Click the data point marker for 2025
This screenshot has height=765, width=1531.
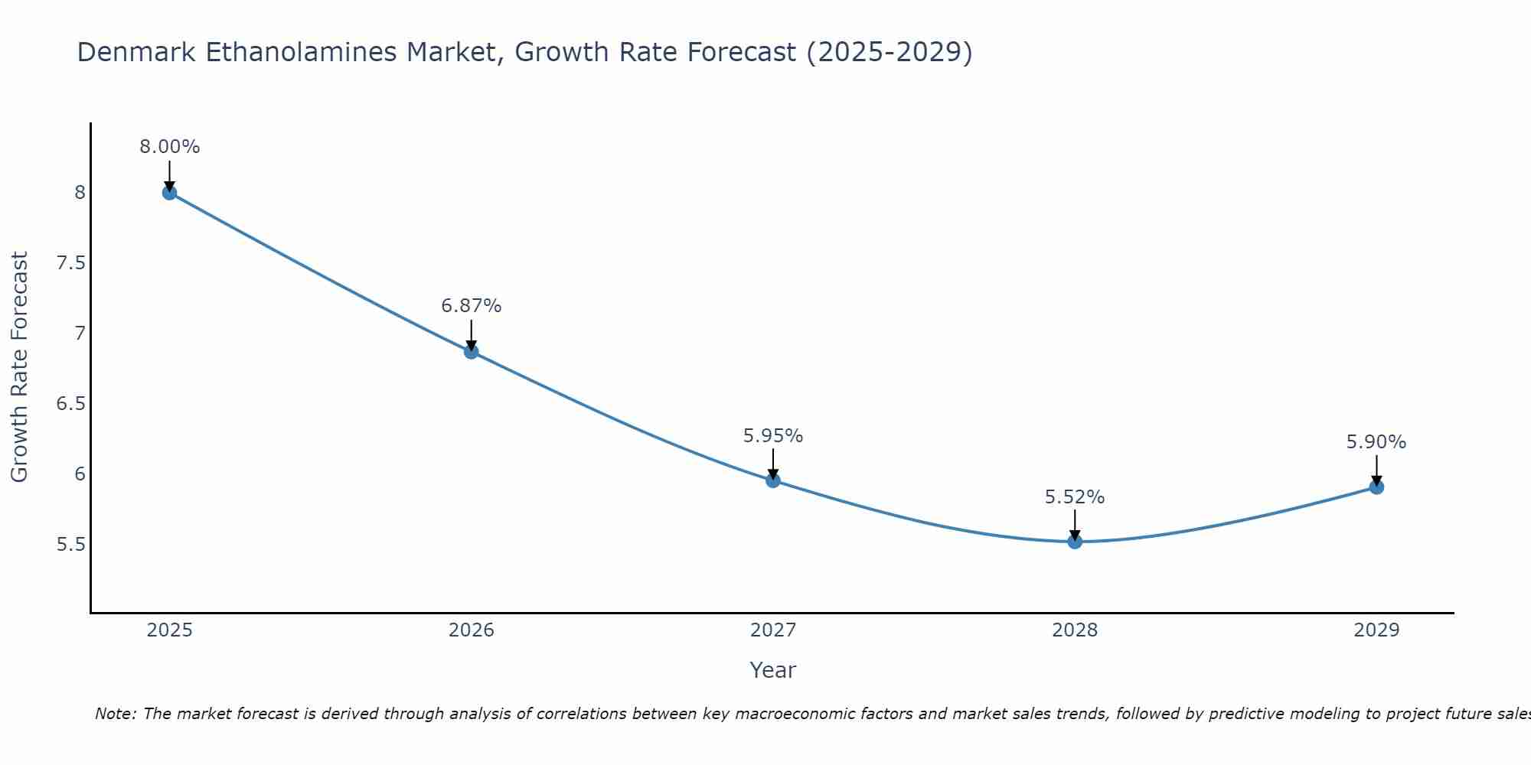[x=169, y=193]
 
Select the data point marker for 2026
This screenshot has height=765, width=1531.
[x=472, y=352]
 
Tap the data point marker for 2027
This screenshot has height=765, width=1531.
[x=773, y=480]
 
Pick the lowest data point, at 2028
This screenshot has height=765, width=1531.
[x=1075, y=542]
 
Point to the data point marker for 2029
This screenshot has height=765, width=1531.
[x=1376, y=487]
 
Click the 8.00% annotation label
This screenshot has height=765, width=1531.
[x=169, y=147]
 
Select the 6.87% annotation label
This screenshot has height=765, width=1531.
[x=472, y=306]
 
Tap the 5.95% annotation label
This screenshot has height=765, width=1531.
[x=773, y=436]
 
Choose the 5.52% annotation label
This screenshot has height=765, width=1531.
[x=1075, y=497]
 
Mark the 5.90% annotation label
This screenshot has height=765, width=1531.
[x=1376, y=442]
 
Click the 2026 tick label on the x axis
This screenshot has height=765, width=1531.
[x=472, y=630]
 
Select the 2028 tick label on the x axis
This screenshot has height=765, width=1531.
[x=1075, y=630]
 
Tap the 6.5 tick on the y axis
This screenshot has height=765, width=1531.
[x=70, y=404]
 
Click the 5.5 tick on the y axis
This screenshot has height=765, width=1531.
[x=70, y=545]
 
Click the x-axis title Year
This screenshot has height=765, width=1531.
[x=773, y=670]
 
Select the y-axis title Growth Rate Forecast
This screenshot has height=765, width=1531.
[x=20, y=367]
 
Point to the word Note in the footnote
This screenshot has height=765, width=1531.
[x=115, y=714]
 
